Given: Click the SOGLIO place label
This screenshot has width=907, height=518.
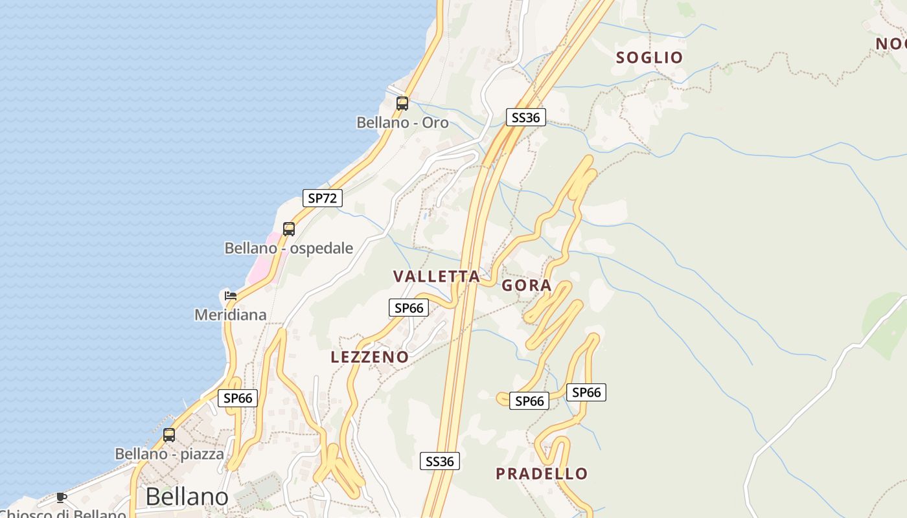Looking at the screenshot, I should (649, 58).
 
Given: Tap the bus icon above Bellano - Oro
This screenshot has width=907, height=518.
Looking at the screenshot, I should (402, 103).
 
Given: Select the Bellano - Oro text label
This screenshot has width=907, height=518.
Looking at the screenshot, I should (402, 122).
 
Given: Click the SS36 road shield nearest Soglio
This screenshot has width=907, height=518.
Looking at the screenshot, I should (525, 117).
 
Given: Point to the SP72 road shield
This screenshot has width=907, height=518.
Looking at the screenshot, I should (322, 198).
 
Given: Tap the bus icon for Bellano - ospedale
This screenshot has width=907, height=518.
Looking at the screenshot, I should (289, 229).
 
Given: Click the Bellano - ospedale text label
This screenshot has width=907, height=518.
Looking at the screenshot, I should (289, 248).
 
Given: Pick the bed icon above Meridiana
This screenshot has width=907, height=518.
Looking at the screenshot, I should (230, 296).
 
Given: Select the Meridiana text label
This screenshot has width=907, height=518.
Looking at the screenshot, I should (231, 315).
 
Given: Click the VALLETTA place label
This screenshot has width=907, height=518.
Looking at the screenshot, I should (437, 276).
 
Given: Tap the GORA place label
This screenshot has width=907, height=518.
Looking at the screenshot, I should (527, 286).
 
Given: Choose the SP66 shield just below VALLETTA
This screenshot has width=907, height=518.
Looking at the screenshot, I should (409, 308).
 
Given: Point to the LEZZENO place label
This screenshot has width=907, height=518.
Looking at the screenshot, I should (369, 357).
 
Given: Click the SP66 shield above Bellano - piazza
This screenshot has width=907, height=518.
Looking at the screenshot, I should (238, 398).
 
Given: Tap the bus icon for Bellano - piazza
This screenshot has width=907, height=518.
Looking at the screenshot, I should (169, 435).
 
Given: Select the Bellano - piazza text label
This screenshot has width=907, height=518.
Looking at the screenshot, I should (169, 454).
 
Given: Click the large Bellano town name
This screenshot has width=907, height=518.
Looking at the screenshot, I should (187, 497).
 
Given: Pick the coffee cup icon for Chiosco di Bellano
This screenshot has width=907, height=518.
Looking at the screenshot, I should (61, 497).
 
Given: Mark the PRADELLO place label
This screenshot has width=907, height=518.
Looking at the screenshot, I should (542, 474).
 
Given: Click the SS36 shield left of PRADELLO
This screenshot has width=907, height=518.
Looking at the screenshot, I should (441, 461).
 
